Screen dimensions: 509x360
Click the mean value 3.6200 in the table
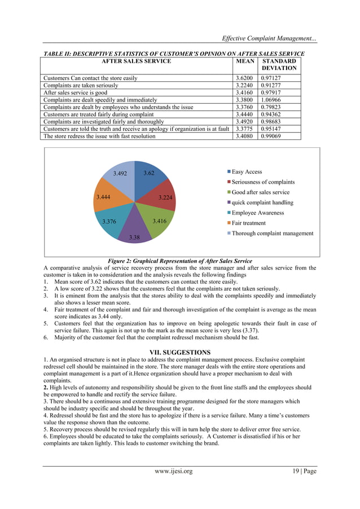244,77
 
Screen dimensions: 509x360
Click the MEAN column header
245,61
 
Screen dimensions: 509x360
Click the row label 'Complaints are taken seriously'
82,85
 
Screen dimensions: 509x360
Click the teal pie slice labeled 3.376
111,220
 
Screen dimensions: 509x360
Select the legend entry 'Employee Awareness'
254,213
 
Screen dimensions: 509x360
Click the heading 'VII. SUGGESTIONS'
179,352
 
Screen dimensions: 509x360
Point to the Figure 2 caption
179,261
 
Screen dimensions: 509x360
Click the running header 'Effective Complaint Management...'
269,39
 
